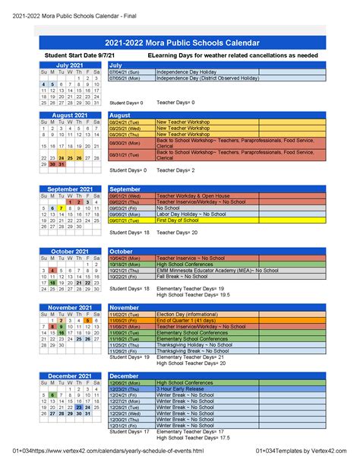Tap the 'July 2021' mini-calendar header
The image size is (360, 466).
69,65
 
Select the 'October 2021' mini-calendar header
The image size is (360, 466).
69,251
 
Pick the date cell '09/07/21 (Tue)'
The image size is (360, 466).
127,220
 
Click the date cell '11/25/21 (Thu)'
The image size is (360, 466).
127,344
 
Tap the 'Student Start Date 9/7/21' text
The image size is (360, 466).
80,56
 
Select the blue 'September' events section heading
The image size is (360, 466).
126,189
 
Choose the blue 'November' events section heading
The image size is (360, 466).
126,306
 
